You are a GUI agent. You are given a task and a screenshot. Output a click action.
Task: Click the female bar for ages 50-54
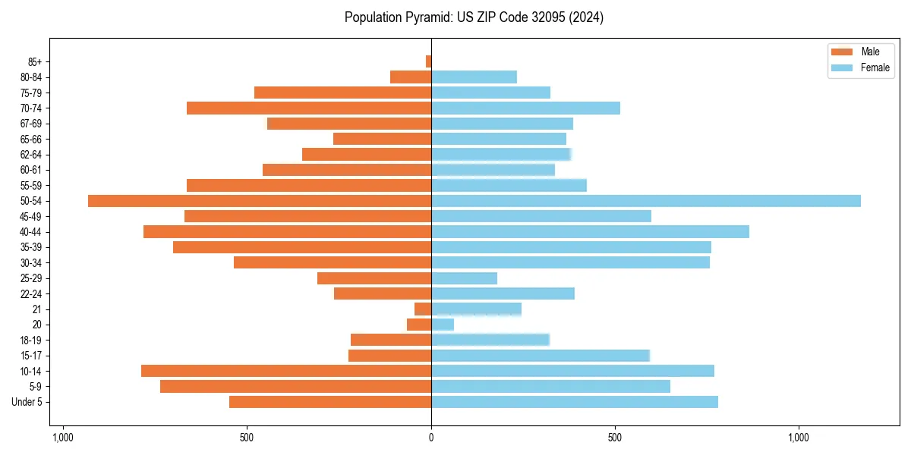click(645, 201)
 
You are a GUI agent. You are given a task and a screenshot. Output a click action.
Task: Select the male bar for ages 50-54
click(260, 201)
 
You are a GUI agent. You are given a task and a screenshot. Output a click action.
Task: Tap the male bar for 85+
click(428, 61)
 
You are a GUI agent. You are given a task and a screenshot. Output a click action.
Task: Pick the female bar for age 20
click(443, 325)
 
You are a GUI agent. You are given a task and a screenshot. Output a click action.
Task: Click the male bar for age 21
click(423, 309)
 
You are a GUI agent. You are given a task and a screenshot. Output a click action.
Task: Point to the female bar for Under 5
click(575, 402)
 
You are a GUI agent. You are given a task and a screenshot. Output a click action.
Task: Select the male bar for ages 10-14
click(286, 371)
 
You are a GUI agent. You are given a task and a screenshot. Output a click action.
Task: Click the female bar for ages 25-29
click(464, 278)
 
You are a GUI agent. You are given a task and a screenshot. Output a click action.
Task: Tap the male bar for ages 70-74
click(309, 108)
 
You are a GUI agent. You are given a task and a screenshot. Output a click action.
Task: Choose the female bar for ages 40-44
click(590, 232)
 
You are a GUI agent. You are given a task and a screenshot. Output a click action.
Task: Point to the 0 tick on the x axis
click(431, 438)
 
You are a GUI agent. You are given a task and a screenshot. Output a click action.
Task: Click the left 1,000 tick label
click(62, 438)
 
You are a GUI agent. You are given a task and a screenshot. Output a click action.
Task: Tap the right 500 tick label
click(615, 438)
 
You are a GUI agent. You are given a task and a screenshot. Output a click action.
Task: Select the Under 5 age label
click(27, 402)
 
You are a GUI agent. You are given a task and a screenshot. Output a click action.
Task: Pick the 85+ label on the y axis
click(36, 61)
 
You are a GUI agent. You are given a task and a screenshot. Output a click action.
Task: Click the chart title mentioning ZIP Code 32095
click(474, 17)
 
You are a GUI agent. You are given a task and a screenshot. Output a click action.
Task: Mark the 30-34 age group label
click(32, 263)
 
